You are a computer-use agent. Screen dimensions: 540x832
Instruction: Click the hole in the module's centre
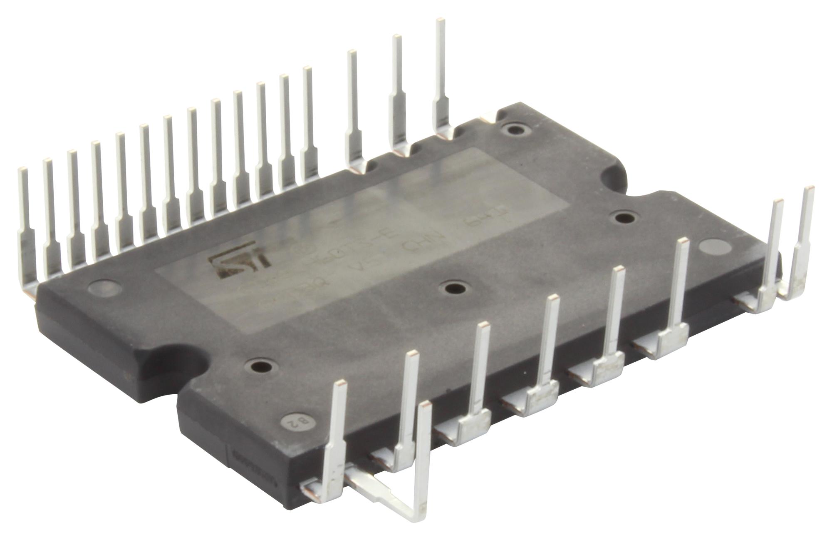[x=451, y=288]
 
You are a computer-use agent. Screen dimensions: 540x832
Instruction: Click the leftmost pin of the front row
[x=338, y=437]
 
